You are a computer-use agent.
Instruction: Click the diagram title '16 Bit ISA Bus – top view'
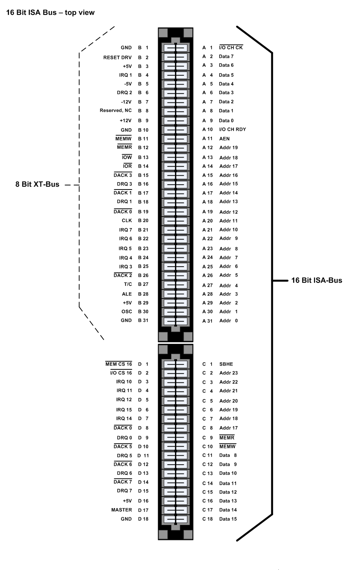click(50, 13)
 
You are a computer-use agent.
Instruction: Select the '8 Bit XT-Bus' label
click(37, 184)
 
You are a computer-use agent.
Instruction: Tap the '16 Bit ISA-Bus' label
click(317, 280)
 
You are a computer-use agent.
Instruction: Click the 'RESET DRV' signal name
click(117, 57)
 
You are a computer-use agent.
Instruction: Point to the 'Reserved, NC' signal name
click(115, 111)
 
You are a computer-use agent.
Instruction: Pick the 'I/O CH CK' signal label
click(231, 47)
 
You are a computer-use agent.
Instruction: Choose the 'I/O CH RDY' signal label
click(232, 129)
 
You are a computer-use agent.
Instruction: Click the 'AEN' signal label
click(224, 139)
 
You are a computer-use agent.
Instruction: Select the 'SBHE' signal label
click(226, 364)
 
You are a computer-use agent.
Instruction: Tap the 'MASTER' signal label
click(121, 510)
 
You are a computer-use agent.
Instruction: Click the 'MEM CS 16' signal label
click(119, 364)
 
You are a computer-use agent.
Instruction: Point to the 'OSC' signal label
click(127, 312)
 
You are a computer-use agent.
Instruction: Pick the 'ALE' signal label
click(127, 294)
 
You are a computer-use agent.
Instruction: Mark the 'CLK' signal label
click(127, 221)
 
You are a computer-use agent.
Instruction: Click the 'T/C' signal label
click(128, 284)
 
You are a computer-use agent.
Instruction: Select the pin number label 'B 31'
click(143, 320)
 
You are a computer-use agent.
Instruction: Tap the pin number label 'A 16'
click(207, 184)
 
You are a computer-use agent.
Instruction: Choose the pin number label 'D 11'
click(143, 455)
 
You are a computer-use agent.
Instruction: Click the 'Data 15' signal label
click(228, 519)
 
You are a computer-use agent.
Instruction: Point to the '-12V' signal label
click(126, 102)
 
